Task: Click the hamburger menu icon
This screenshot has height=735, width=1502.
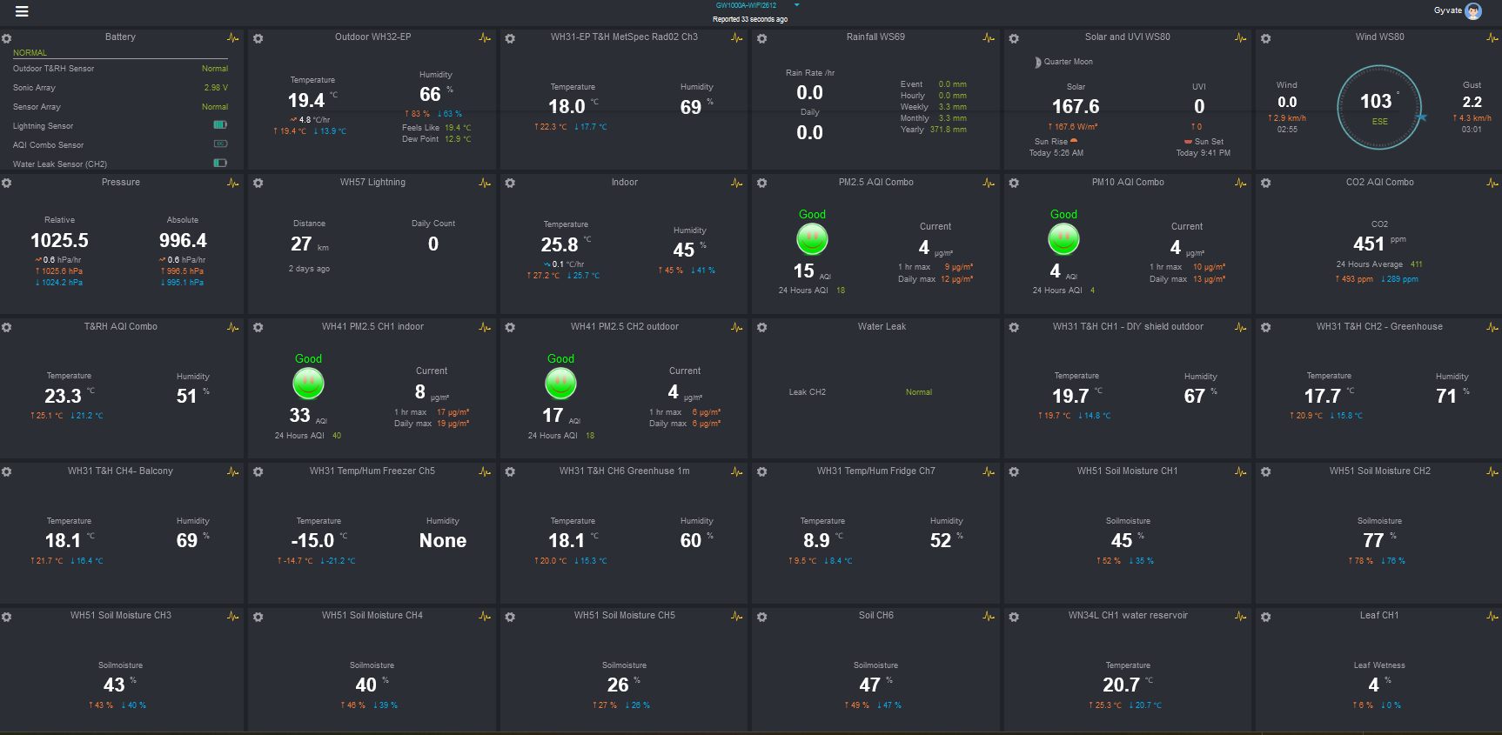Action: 22,11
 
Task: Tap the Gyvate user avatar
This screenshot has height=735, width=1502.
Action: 1473,11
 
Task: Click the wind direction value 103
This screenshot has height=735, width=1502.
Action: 1376,102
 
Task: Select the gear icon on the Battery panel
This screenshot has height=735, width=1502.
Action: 7,39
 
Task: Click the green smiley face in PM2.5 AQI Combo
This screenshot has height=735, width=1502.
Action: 812,238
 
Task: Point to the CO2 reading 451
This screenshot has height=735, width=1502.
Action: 1368,244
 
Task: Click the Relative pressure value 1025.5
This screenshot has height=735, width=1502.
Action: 59,240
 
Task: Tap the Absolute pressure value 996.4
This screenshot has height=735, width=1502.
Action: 183,240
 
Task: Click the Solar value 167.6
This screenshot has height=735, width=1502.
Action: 1076,106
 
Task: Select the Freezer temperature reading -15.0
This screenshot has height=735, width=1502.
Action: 312,540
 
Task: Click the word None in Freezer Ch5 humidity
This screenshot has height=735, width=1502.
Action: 442,540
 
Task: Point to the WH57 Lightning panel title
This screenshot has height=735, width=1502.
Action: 372,183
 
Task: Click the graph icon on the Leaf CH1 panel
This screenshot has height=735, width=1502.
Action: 1492,617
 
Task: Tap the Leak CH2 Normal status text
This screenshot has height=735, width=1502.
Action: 918,392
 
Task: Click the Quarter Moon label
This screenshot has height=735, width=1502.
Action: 1068,62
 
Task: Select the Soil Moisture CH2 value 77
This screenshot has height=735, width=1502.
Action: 1373,540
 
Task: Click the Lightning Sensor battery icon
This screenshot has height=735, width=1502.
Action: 220,125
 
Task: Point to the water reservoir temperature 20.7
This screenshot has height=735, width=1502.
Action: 1121,685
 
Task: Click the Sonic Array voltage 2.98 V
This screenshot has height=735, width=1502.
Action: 216,88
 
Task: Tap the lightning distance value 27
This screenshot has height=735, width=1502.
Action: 301,244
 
